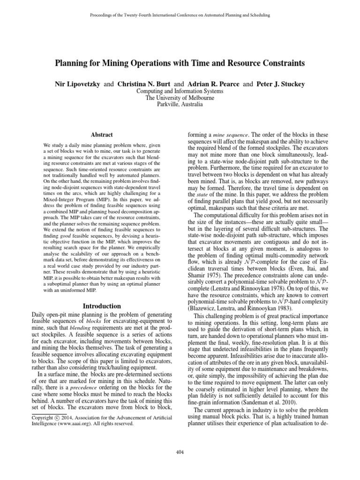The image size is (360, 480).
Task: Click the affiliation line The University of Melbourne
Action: coord(180,98)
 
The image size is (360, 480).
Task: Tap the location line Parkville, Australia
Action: coord(180,105)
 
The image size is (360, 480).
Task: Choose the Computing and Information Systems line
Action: coord(180,91)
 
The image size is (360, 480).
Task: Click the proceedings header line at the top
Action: coord(180,15)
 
